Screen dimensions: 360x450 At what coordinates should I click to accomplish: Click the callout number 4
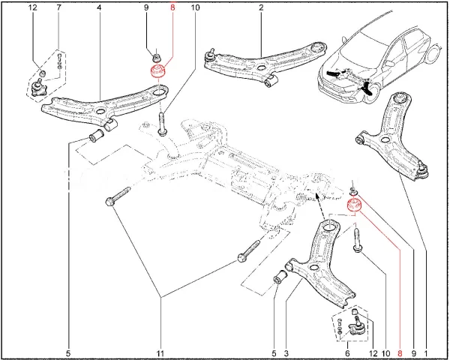point(99,9)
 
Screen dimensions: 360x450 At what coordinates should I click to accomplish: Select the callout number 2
point(261,9)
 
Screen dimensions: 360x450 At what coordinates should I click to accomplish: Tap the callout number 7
point(59,9)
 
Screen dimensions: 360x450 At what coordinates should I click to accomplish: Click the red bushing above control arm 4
point(158,74)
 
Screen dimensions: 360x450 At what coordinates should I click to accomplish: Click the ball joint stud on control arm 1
point(421,169)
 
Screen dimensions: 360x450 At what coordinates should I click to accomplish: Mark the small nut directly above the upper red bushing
point(157,56)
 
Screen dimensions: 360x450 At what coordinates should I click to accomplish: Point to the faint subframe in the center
point(225,172)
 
